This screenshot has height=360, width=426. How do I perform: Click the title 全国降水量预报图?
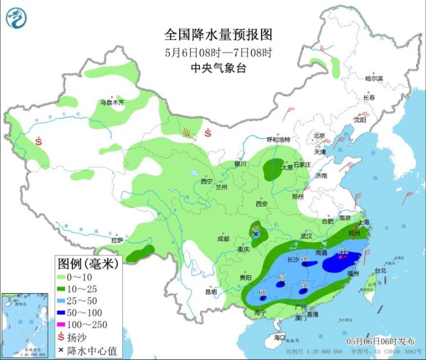coord(218,35)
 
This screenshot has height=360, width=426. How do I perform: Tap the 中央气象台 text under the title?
coord(218,68)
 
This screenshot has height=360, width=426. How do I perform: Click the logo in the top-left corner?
coord(16,18)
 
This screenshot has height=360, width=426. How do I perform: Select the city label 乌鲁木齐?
coord(112,103)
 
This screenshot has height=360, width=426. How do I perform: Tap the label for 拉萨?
coord(116,241)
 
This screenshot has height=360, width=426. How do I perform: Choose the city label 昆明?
coord(211,292)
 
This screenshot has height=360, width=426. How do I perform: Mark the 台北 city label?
coord(380,271)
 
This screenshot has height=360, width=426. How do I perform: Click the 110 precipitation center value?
coord(343,251)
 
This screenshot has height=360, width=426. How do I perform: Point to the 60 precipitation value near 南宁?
coord(263,293)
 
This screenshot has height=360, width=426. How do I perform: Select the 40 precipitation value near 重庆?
coord(256,228)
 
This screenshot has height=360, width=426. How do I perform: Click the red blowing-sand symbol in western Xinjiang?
coord(39,140)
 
